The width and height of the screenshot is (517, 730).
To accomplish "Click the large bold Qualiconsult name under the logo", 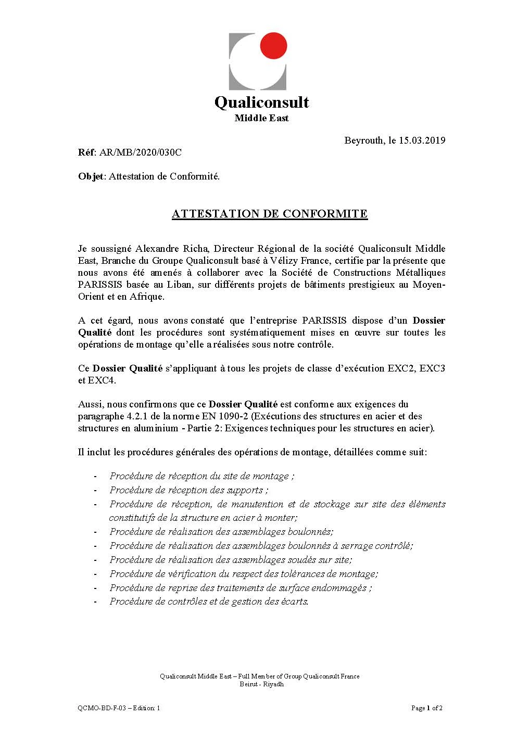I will pos(261,102).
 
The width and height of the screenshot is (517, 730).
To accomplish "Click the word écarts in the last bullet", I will pos(294,601).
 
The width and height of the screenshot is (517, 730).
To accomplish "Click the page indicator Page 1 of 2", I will pos(426,708).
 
